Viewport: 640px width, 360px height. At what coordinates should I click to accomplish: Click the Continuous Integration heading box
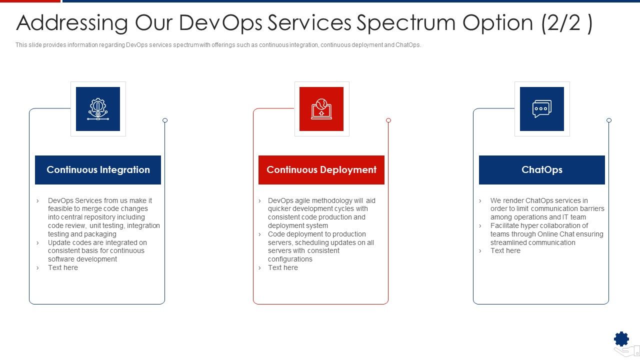point(98,170)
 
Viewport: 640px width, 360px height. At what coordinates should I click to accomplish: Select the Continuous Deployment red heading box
point(321,170)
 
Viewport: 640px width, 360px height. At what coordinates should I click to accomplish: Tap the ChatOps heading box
point(541,170)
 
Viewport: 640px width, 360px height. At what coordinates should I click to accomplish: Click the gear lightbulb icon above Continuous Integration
point(98,109)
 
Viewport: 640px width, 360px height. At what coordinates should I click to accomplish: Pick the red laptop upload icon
point(321,109)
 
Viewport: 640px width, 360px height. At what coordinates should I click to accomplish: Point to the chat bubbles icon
point(541,109)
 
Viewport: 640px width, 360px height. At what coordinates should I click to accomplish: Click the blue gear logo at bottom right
point(621,339)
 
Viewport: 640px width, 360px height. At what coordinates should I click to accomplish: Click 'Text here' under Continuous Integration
point(63,267)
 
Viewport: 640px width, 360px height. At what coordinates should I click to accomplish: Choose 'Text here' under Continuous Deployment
point(283,267)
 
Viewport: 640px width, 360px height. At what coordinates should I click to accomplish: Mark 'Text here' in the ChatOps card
point(505,250)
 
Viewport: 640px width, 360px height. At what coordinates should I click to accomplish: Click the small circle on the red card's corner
point(388,120)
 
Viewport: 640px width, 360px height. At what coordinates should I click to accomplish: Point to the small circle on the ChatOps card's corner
point(609,120)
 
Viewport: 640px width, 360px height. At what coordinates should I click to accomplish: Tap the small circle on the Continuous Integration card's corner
point(165,120)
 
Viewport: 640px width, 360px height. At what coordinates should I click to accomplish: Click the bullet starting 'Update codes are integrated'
point(97,251)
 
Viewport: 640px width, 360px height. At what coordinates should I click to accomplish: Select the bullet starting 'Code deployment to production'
point(320,246)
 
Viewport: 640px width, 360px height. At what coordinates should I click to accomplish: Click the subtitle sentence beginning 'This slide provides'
point(218,45)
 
